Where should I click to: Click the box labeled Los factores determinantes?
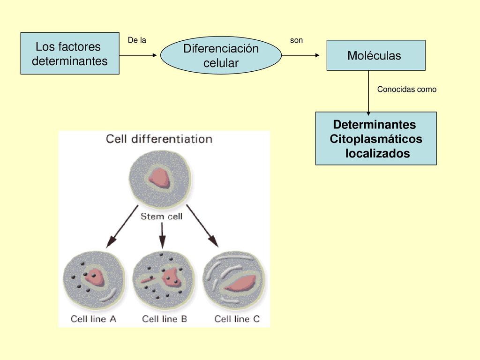70,53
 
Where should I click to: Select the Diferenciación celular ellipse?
221,55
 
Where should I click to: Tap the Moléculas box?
376,55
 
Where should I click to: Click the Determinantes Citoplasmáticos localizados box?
376,138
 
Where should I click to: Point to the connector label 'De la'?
137,40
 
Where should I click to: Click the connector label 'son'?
296,40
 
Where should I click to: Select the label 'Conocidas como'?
406,90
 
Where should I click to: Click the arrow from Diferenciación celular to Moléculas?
300,55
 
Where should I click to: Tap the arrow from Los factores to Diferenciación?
138,55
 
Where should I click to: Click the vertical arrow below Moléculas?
368,93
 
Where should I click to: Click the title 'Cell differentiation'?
159,139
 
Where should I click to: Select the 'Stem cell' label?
161,217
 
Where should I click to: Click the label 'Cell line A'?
93,319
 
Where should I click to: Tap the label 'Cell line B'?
165,319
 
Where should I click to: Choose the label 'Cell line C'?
237,319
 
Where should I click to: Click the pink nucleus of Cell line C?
240,283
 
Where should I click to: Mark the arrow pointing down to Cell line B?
162,235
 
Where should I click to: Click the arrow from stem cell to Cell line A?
122,226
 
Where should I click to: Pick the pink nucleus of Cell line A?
95,277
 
